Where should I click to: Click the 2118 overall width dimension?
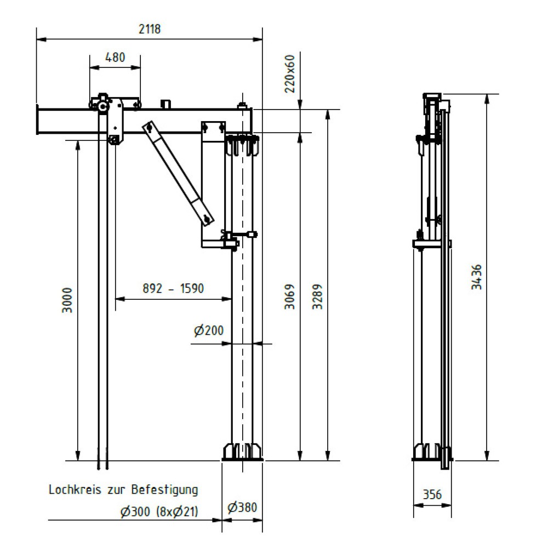click(x=149, y=30)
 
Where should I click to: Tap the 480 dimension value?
click(x=115, y=57)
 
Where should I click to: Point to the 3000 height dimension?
click(x=67, y=300)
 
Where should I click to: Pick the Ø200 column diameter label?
click(x=209, y=330)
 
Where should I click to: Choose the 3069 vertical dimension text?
click(x=290, y=297)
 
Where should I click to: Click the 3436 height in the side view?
click(x=477, y=277)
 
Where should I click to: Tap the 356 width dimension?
click(x=432, y=494)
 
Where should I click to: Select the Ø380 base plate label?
click(x=242, y=507)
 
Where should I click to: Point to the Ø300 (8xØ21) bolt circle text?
click(x=159, y=512)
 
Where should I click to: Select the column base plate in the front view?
click(x=242, y=454)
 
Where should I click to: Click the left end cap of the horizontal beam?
click(x=37, y=120)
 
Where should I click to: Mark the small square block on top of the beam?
click(x=165, y=104)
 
